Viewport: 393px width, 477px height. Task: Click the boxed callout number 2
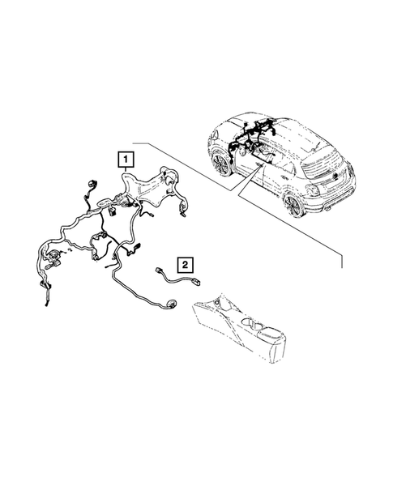pyautogui.click(x=186, y=264)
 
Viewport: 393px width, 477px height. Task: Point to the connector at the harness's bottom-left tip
pyautogui.click(x=44, y=304)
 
